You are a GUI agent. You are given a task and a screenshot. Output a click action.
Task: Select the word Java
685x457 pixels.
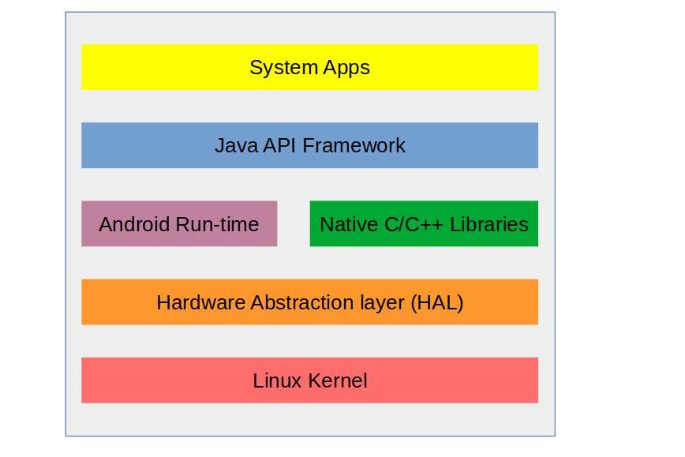pos(234,145)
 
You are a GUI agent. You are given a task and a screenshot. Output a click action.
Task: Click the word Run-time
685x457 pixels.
pos(217,224)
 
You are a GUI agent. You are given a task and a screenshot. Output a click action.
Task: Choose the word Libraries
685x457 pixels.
pos(489,224)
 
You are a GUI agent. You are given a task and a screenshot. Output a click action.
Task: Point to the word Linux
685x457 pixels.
pos(278,380)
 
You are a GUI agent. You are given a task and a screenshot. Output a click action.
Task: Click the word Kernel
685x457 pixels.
pos(338,380)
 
